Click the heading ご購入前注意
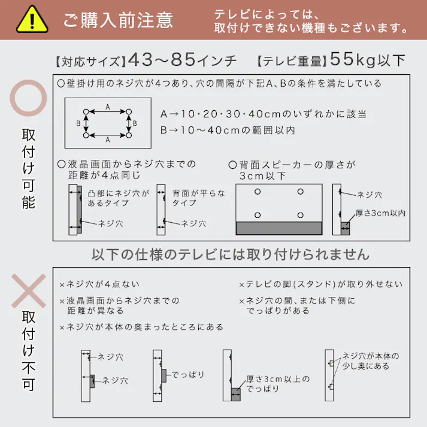click(118, 20)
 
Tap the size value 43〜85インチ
click(182, 60)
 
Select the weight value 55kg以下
click(367, 60)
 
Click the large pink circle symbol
click(28, 100)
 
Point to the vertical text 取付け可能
click(28, 168)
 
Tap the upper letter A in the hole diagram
click(108, 106)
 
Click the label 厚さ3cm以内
click(380, 213)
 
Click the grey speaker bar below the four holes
click(278, 228)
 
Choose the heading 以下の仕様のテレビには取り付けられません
click(231, 255)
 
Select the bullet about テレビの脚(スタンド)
click(320, 284)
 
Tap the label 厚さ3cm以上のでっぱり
click(278, 383)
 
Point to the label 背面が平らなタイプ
click(199, 198)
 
